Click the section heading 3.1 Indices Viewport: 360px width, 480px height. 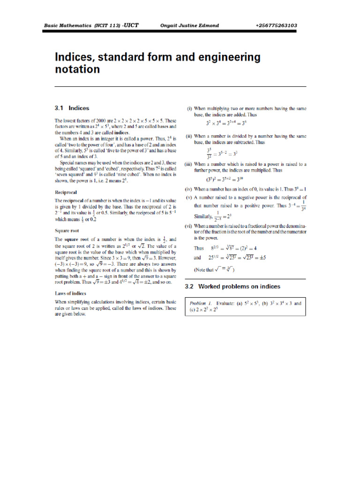(x=72, y=108)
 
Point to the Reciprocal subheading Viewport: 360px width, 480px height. (x=66, y=192)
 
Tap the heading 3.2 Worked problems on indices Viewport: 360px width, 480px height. (x=233, y=286)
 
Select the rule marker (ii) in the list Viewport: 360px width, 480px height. (x=190, y=135)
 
